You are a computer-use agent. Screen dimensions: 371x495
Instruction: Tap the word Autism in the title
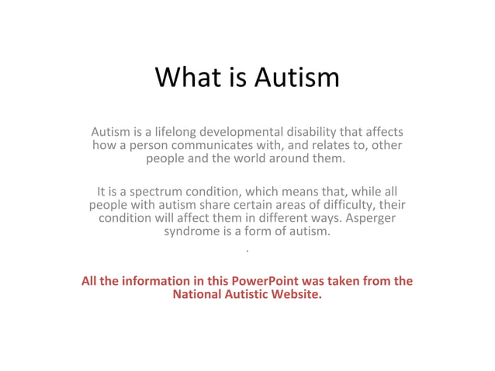pyautogui.click(x=299, y=78)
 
